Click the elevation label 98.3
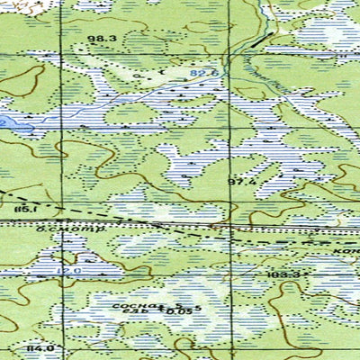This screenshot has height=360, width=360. [103, 38]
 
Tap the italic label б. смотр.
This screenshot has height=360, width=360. [58, 229]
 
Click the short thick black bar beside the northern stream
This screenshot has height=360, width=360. [260, 39]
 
